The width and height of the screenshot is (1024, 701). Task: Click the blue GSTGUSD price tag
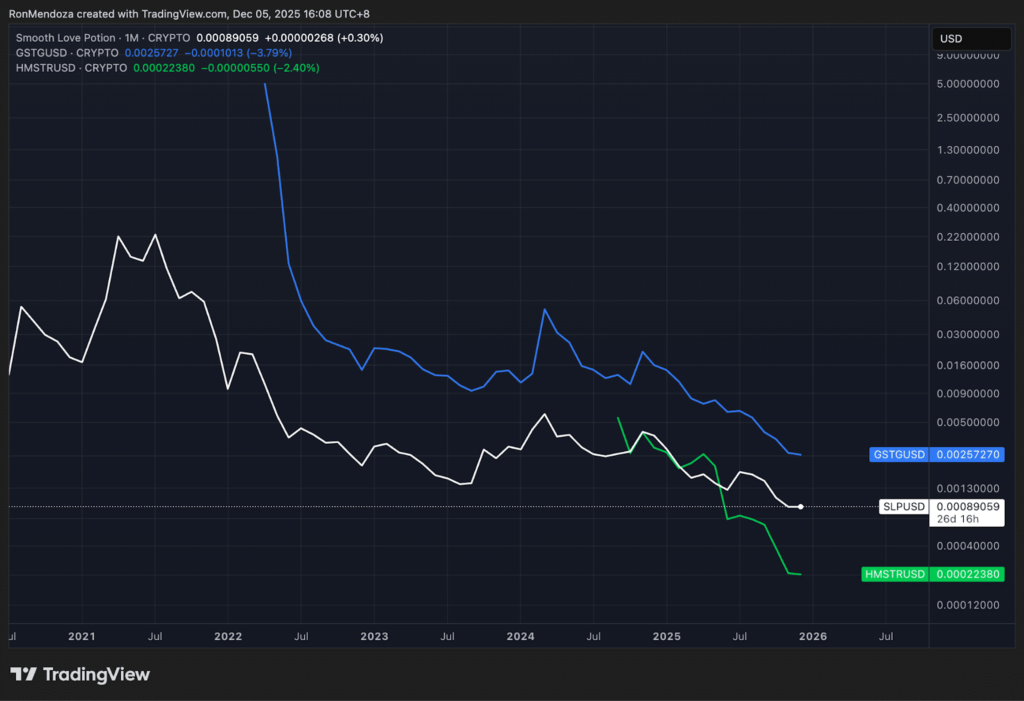(x=936, y=455)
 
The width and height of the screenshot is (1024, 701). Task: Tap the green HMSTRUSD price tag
(x=932, y=574)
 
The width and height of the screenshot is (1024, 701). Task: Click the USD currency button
(x=971, y=39)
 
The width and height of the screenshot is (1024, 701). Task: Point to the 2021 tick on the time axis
(x=81, y=636)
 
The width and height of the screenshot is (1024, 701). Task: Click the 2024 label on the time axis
(x=520, y=636)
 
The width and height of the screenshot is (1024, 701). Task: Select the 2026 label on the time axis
(x=813, y=636)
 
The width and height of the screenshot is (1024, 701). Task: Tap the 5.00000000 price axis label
(x=968, y=84)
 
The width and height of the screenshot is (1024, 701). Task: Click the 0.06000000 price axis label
(x=968, y=300)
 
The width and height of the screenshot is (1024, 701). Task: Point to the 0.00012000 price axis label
(x=968, y=605)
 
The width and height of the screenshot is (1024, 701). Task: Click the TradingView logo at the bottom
(x=80, y=674)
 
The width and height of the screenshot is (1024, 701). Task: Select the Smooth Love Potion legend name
(x=66, y=38)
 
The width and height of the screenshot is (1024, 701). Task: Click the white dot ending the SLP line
(x=801, y=507)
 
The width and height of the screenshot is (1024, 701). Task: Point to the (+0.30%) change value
(x=360, y=38)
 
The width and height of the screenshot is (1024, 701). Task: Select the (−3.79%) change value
(x=269, y=53)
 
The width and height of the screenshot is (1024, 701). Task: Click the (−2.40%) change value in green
(x=296, y=68)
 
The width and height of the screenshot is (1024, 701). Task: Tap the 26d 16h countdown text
(x=957, y=519)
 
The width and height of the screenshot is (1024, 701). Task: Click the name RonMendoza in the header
(x=41, y=14)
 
